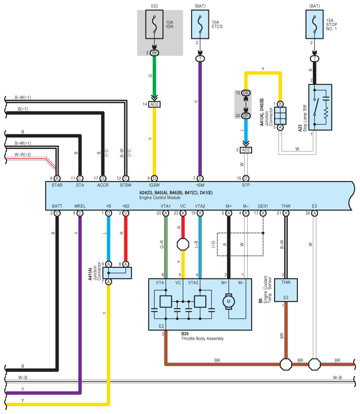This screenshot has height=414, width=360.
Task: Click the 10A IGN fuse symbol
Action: point(154,25)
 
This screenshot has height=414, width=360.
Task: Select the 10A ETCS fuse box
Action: point(200,25)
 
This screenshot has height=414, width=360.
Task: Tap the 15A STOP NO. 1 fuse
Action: point(314,25)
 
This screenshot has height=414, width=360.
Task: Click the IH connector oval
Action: point(154,53)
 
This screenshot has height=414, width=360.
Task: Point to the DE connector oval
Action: point(246,92)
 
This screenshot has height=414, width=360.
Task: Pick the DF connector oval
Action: point(246,116)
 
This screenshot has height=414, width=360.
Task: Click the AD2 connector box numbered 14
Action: point(154,104)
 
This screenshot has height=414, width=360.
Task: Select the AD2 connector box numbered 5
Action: point(246,150)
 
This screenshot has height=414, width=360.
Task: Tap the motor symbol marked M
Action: point(228,301)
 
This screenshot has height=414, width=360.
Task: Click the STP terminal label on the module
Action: point(246,185)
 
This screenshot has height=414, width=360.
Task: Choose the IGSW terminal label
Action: point(154,185)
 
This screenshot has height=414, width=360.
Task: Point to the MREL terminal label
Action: point(80,206)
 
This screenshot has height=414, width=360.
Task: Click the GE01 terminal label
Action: point(263,206)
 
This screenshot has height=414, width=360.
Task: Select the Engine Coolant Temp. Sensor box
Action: point(286,290)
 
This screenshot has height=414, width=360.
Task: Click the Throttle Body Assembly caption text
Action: point(202,339)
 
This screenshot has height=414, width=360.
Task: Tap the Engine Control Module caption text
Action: point(160,197)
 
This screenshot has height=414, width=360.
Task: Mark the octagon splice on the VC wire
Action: point(183,244)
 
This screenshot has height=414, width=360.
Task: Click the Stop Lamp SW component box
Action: point(320,107)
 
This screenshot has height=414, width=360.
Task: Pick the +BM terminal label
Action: point(200,185)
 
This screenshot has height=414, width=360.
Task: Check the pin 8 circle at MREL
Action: point(80,213)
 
